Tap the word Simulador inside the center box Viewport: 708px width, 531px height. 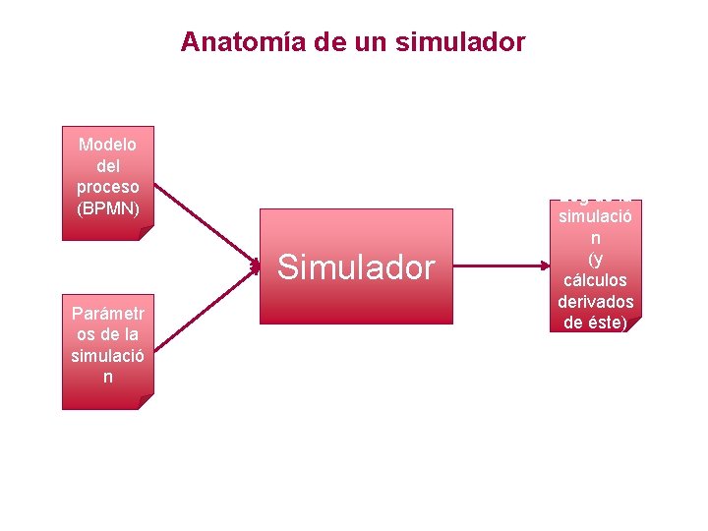pyautogui.click(x=356, y=266)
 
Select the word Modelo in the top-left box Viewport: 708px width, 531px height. pyautogui.click(x=107, y=145)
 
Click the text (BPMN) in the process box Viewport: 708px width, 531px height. pyautogui.click(x=107, y=208)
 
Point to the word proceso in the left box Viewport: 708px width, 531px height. pyautogui.click(x=107, y=187)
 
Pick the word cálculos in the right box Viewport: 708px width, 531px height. pyautogui.click(x=595, y=279)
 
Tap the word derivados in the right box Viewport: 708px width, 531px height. pyautogui.click(x=595, y=300)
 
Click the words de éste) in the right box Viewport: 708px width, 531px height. pyautogui.click(x=595, y=321)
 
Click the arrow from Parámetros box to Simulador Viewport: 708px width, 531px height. pyautogui.click(x=206, y=305)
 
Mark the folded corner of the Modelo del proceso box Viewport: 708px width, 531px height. pyautogui.click(x=146, y=234)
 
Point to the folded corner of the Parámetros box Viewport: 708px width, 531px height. pyautogui.click(x=146, y=402)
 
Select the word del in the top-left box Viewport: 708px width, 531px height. pyautogui.click(x=107, y=165)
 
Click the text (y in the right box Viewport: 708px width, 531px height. pyautogui.click(x=595, y=259)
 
